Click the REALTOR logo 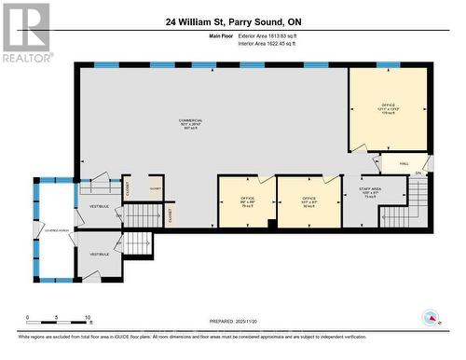[26, 32]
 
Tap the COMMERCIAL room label [190, 124]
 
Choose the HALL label [404, 163]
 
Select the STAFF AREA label [370, 193]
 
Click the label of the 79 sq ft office [247, 201]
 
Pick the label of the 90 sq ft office [308, 201]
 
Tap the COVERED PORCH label [52, 228]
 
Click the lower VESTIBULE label [100, 254]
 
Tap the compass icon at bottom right [430, 317]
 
